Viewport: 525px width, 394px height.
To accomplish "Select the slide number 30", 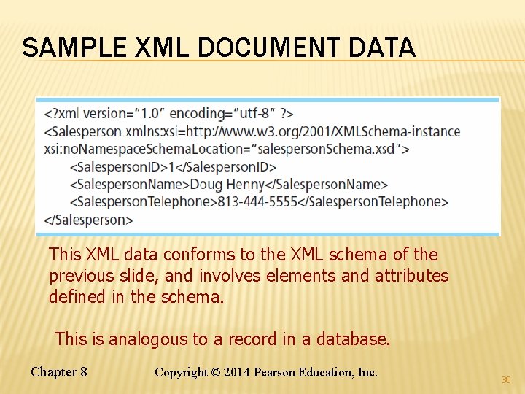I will tap(505, 380).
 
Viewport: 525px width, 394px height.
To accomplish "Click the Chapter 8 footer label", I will tap(59, 372).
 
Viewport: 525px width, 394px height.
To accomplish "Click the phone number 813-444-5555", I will tap(258, 201).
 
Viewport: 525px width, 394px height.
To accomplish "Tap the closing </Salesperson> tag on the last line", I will tap(89, 219).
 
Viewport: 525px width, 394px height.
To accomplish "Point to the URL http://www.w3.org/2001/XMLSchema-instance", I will tap(324, 131).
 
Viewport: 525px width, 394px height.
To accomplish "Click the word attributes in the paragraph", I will tap(412, 276).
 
